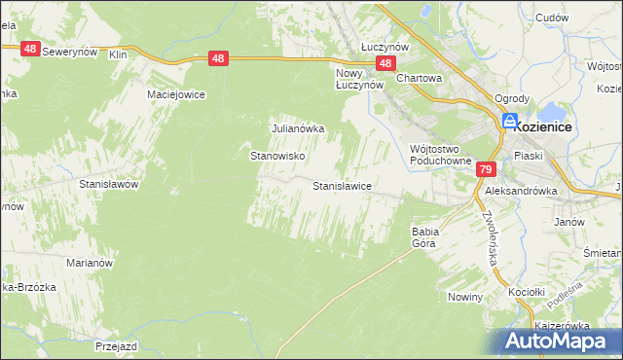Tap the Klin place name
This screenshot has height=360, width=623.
pyautogui.click(x=119, y=55)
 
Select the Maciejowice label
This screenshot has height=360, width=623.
pyautogui.click(x=172, y=94)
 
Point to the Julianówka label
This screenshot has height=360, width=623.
pyautogui.click(x=296, y=127)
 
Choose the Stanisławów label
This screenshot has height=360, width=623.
pyautogui.click(x=111, y=183)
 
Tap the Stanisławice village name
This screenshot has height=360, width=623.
pyautogui.click(x=342, y=185)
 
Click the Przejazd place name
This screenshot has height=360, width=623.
pyautogui.click(x=120, y=345)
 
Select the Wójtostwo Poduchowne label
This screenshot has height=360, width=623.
pyautogui.click(x=440, y=155)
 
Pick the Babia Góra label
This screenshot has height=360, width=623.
pyautogui.click(x=426, y=237)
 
